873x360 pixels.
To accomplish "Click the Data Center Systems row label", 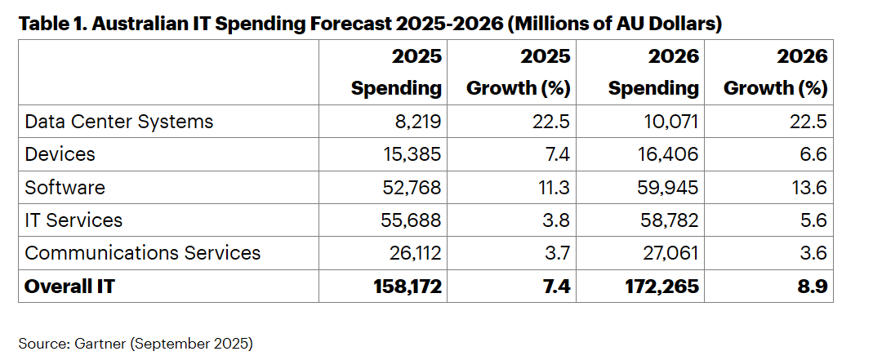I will point(119,122).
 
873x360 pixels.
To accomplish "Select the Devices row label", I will point(60,154).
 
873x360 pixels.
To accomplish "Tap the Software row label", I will point(65,187).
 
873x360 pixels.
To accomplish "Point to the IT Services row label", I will point(73,220).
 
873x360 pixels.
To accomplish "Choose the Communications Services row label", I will point(143,252).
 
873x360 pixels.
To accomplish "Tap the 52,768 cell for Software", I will point(412,187).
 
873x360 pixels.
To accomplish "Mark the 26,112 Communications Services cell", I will point(412,252).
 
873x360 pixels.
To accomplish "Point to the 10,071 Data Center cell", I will point(671,122).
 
